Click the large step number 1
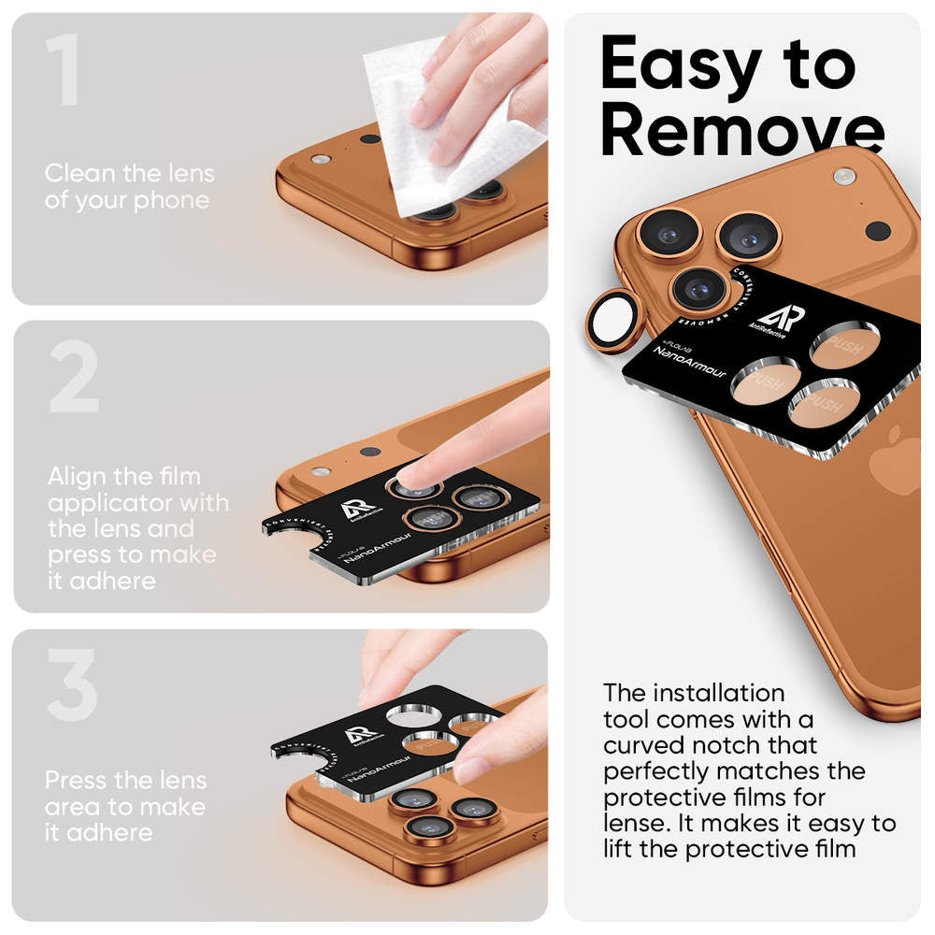(63, 71)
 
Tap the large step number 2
(73, 378)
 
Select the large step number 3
(71, 686)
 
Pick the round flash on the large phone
(844, 176)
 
